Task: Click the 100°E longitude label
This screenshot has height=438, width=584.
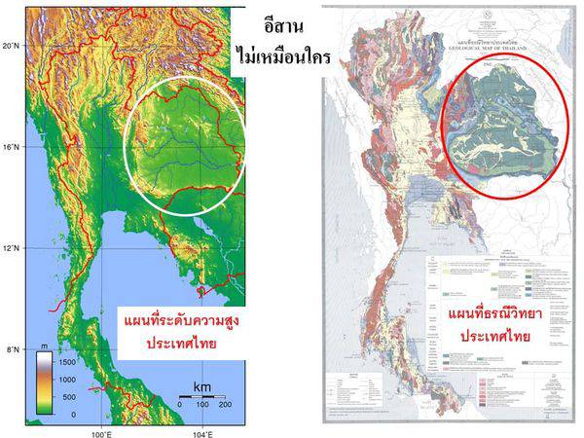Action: pyautogui.click(x=100, y=431)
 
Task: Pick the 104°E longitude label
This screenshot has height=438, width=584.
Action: pyautogui.click(x=202, y=431)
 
